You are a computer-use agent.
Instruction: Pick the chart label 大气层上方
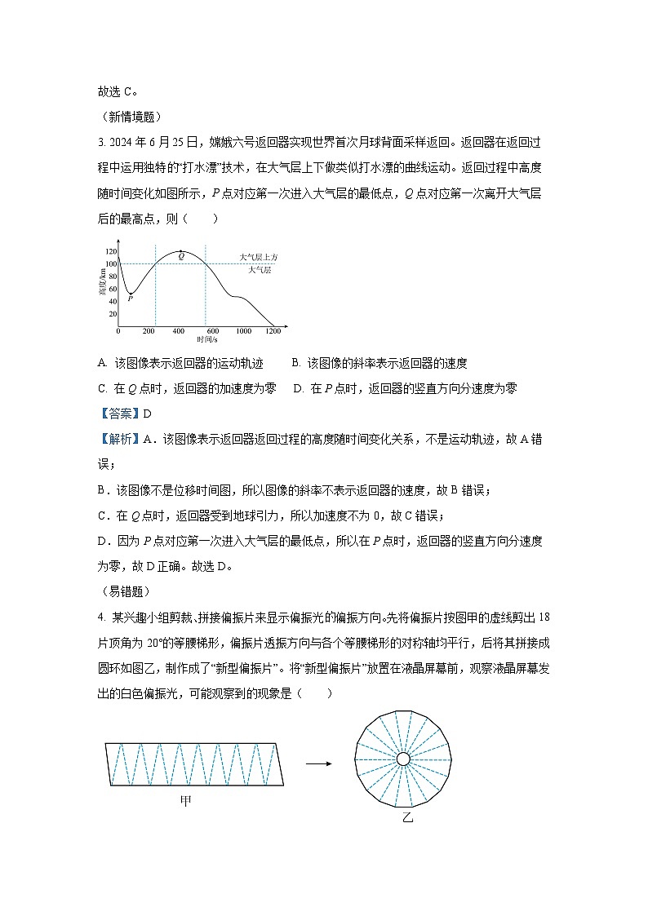(259, 257)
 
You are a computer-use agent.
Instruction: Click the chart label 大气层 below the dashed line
(260, 269)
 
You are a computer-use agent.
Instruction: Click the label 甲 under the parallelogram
(186, 802)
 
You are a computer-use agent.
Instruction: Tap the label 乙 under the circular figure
(407, 816)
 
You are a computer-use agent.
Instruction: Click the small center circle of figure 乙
(403, 759)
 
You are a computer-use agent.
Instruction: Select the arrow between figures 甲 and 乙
(318, 763)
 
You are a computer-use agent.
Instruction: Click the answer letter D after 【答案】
(148, 414)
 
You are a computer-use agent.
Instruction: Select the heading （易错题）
(123, 592)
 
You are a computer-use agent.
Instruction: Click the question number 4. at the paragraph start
(101, 617)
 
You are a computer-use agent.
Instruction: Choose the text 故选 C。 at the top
(118, 91)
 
